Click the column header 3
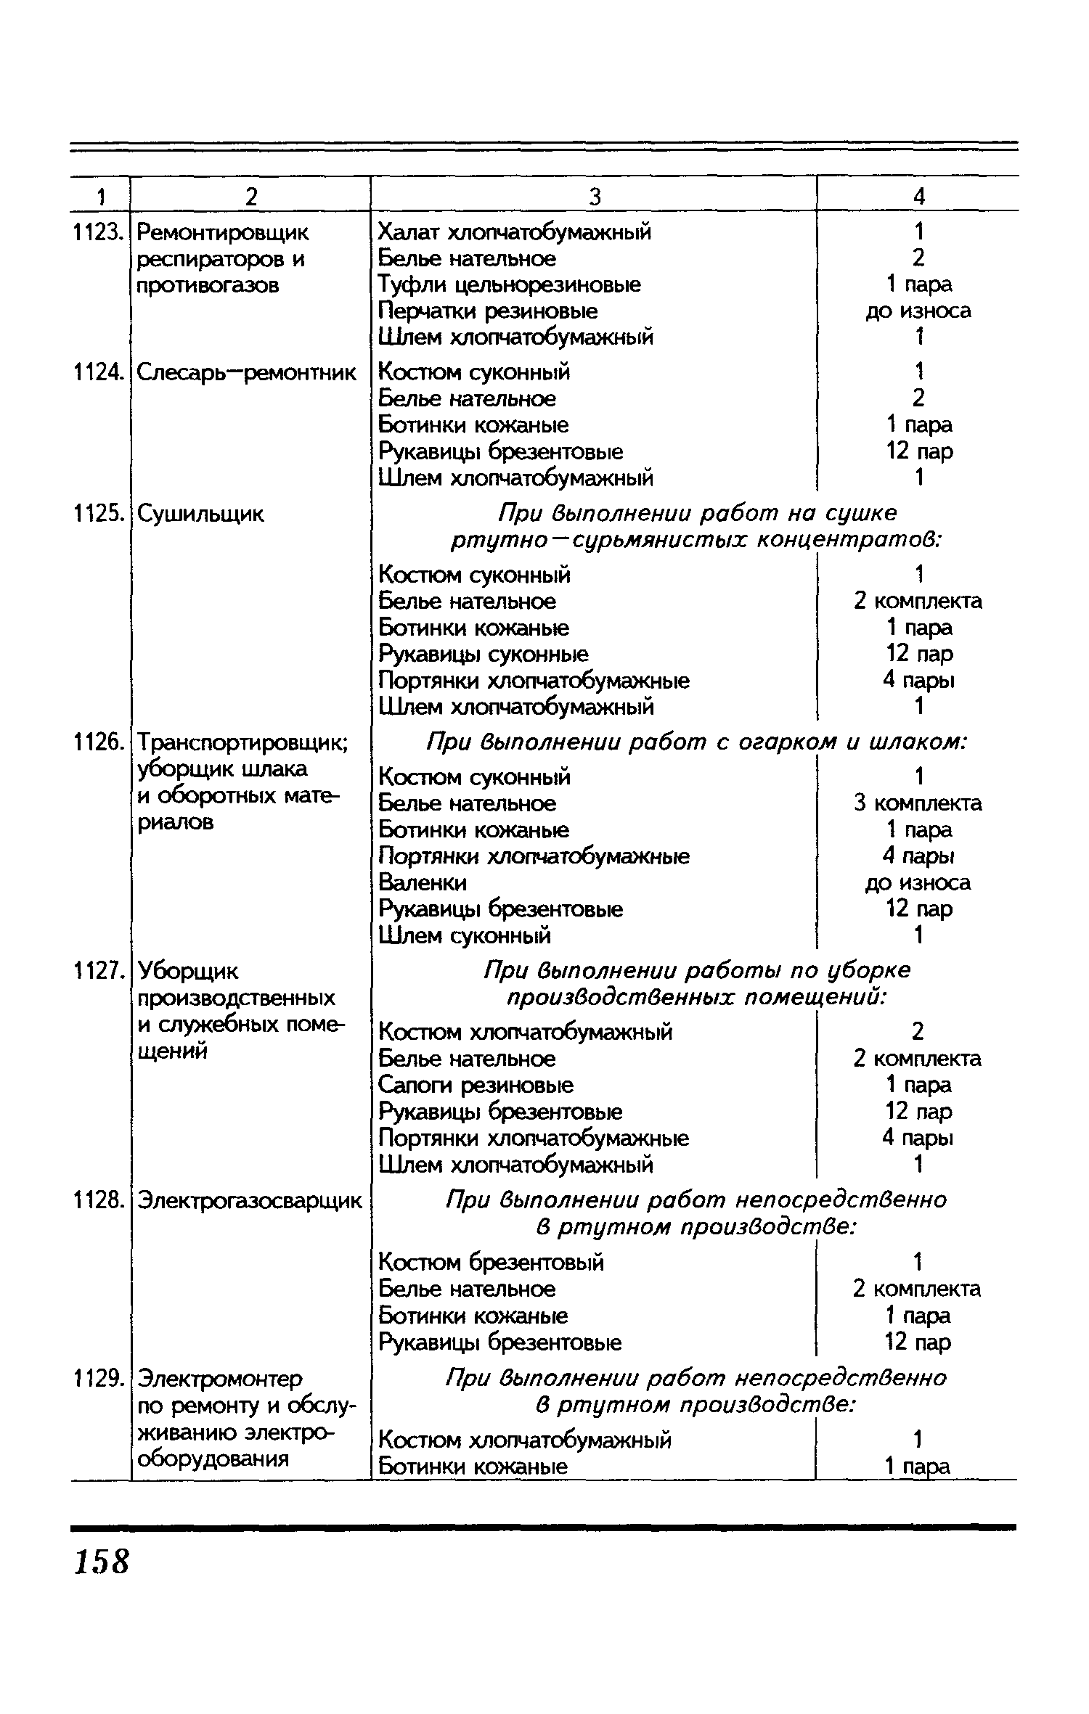595,196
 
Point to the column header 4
919,196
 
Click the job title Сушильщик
201,514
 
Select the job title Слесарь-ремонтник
247,373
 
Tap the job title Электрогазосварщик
249,1201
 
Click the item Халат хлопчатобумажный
515,232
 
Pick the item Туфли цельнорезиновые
510,284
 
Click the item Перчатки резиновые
488,311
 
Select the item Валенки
423,882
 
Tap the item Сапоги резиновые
476,1085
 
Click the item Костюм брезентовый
491,1263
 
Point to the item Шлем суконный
465,936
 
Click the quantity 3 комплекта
918,803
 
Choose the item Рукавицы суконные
484,655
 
